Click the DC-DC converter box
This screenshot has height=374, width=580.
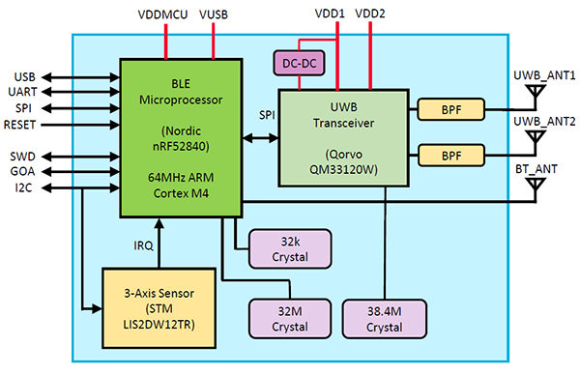point(301,63)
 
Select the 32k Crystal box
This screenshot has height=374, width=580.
point(289,248)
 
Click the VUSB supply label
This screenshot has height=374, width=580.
point(215,14)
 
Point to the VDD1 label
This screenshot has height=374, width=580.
point(332,14)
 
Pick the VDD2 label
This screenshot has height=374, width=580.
point(370,14)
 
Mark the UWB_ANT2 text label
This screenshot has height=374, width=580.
point(544,121)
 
